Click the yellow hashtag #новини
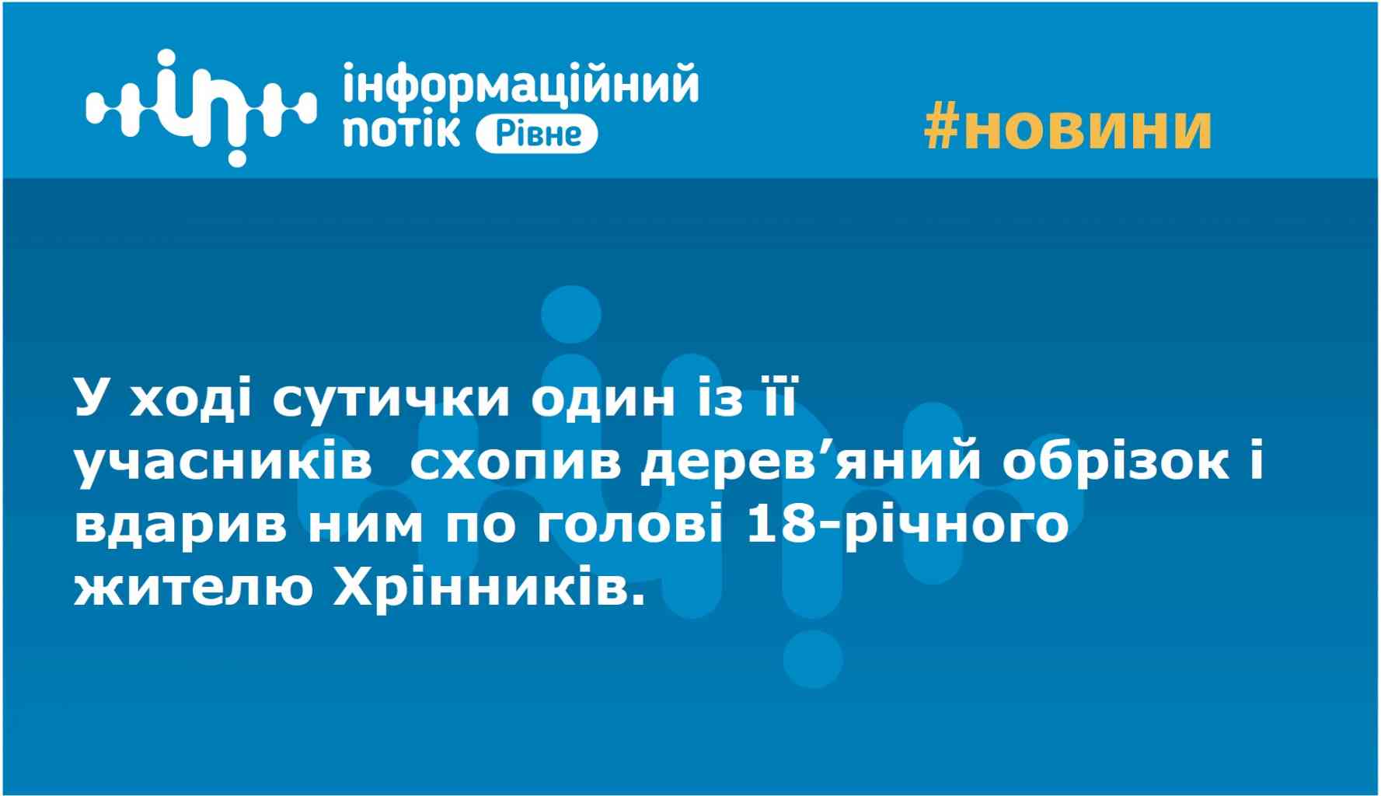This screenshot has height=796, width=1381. [1068, 128]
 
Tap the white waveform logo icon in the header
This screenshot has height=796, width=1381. [201, 107]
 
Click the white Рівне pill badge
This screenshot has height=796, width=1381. [536, 134]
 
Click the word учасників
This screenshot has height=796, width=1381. [222, 465]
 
